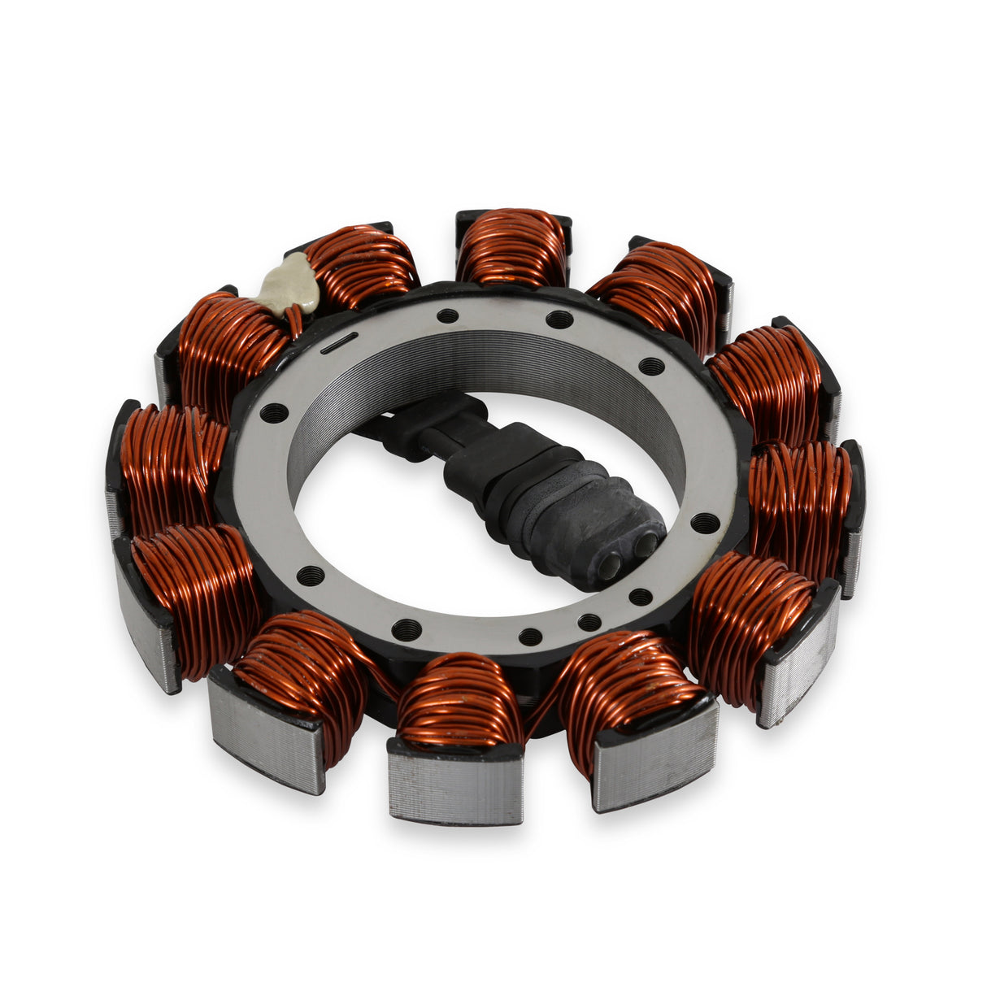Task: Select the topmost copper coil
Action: (511, 248)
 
